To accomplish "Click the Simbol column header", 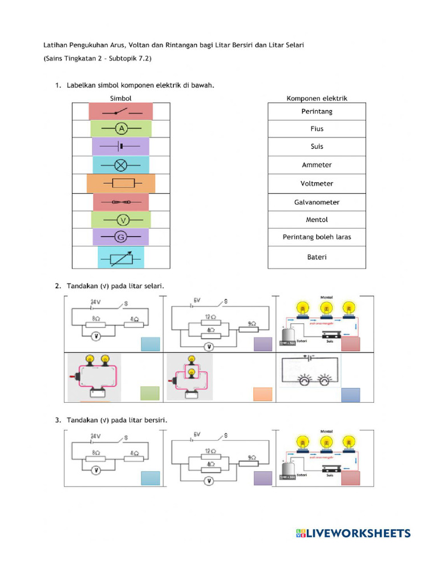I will pos(120,98).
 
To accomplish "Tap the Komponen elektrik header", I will pos(317,98).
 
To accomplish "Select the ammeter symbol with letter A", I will pos(120,129).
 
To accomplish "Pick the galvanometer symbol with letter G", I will pos(120,237).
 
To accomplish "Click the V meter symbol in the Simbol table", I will pos(120,220).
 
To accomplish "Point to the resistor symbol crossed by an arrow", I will pos(121,258).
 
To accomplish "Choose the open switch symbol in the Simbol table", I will pos(120,111).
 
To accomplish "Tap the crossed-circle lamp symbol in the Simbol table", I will pos(120,165).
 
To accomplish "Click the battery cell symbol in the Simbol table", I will pos(120,147).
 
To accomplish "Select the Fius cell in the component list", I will pos(317,129).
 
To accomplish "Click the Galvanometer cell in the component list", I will pos(317,202).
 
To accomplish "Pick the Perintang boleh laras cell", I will pos(317,237).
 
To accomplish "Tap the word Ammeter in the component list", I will pos(317,165).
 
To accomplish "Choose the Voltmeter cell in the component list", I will pos(317,184).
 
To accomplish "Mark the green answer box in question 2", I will pos(149,394).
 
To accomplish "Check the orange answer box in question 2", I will pos(262,395).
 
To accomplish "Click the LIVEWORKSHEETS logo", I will pos(353,533).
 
